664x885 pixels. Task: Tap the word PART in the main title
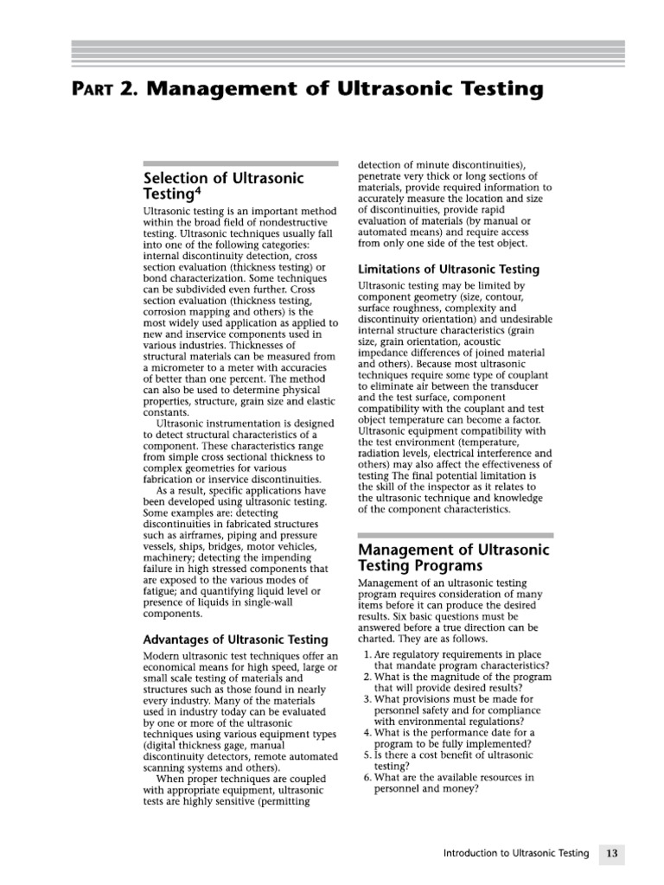tap(92, 89)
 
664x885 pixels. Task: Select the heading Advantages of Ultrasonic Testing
tap(234, 640)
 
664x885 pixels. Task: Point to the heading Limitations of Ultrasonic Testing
tap(449, 270)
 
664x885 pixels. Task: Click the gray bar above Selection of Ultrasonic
tap(239, 163)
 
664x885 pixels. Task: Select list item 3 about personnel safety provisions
tap(450, 710)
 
